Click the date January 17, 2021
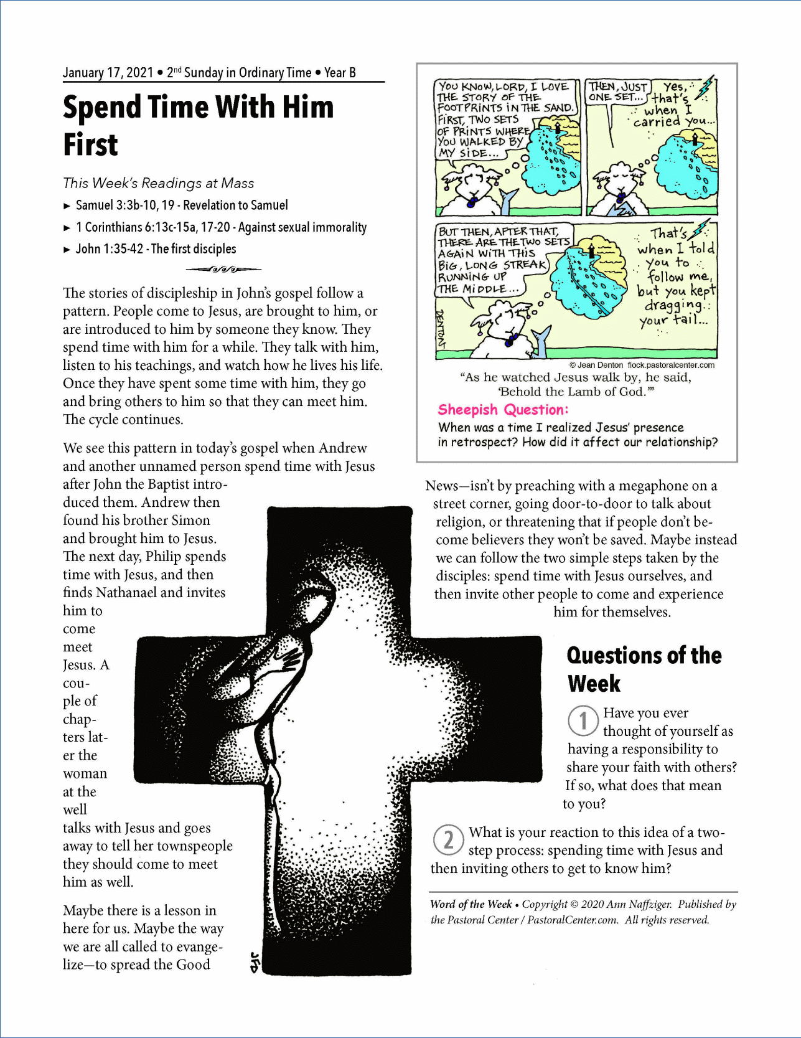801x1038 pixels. point(108,73)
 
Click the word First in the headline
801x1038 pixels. point(91,145)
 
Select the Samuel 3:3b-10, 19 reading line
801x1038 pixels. point(182,205)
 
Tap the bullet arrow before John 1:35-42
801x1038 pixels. point(67,250)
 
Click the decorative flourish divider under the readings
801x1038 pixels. point(223,270)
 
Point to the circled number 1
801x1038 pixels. point(583,721)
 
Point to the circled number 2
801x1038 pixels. point(448,840)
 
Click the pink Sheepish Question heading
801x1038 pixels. point(503,410)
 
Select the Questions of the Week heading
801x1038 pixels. point(644,669)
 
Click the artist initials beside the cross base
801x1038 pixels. point(254,962)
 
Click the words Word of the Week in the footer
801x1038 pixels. point(471,904)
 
